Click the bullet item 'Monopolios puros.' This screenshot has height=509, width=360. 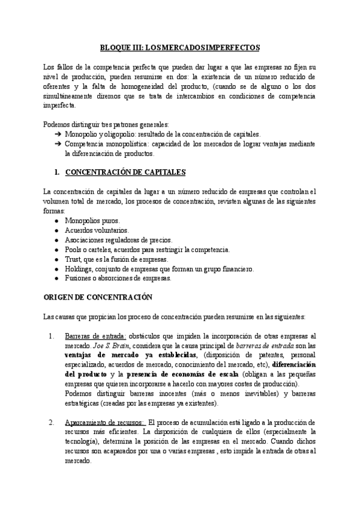point(92,220)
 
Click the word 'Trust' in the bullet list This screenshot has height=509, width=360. point(73,259)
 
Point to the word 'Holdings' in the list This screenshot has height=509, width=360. point(79,268)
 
